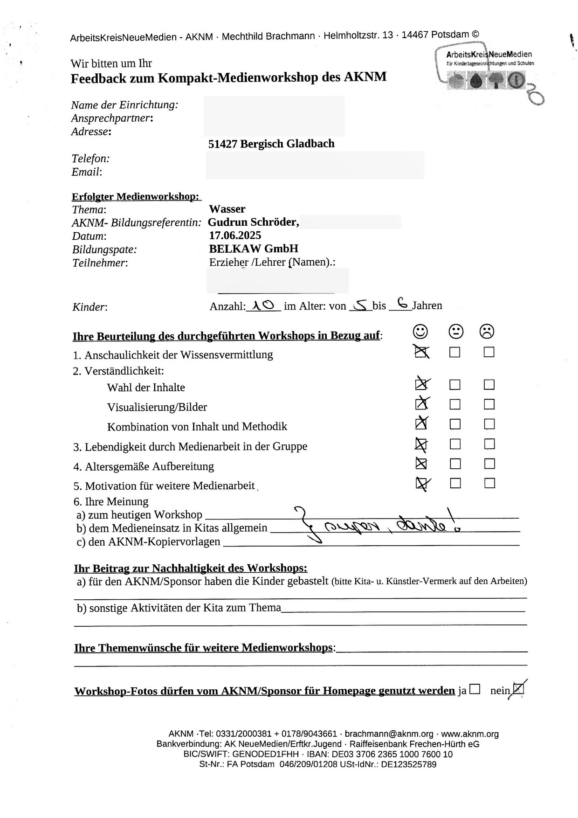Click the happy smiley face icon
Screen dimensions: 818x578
pos(420,331)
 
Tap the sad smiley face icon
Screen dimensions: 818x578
pos(487,332)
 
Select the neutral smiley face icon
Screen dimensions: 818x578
pos(455,332)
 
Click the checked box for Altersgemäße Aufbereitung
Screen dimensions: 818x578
pos(421,464)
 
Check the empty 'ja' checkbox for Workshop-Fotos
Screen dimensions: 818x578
pos(475,689)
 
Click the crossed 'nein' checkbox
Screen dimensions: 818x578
pos(518,689)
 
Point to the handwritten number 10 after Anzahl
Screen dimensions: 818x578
pos(262,305)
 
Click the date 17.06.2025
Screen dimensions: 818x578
pos(235,235)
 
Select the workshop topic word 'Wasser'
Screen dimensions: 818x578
pos(227,209)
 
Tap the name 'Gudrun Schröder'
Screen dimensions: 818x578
pos(253,222)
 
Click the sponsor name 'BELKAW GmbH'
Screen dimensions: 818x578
pos(254,249)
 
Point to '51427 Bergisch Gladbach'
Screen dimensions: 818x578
pos(271,144)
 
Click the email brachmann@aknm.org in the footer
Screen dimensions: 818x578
pos(389,734)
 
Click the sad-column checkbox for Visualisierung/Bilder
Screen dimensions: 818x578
pos(489,404)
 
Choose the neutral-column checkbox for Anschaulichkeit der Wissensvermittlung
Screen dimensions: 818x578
pos(455,352)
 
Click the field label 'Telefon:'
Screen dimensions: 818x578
pos(90,159)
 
